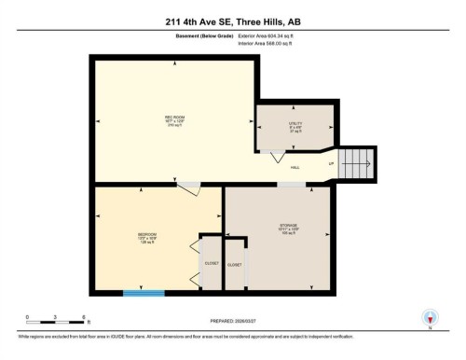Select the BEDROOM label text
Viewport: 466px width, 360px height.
tap(147, 235)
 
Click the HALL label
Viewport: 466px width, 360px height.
tap(295, 167)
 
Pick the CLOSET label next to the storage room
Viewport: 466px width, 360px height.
tap(235, 265)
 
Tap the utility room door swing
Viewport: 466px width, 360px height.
tap(277, 159)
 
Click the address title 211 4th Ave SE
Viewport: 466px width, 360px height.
tap(232, 22)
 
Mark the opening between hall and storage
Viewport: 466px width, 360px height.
tap(290, 184)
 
